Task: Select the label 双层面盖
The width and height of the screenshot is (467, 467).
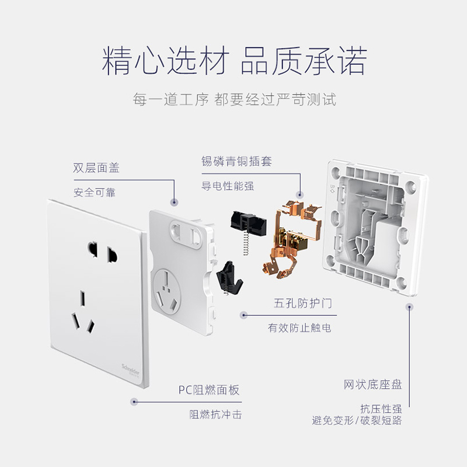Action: (x=96, y=168)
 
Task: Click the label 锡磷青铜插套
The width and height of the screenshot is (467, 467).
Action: (x=236, y=162)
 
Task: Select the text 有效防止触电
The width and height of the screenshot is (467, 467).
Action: (x=299, y=328)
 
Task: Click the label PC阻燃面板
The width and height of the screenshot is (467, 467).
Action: (x=209, y=390)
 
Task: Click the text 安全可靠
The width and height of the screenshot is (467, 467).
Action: (x=95, y=193)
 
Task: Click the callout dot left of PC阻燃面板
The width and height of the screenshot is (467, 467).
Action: (x=134, y=402)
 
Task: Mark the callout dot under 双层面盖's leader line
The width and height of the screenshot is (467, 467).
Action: (x=175, y=201)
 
